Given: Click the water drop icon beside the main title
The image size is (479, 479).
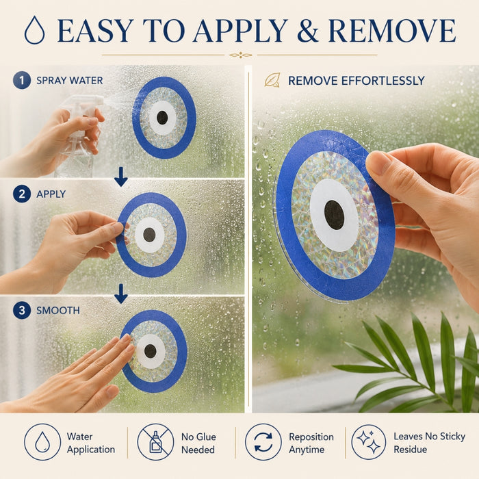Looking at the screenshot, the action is point(34,30).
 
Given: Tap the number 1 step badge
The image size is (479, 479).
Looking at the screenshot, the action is point(22,80).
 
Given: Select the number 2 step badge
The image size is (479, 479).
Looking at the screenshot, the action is point(22,194).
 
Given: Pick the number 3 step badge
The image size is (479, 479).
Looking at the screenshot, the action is point(22,311).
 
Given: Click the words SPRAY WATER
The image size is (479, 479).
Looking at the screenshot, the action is point(70,81).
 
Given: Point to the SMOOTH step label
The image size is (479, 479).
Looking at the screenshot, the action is point(58,311).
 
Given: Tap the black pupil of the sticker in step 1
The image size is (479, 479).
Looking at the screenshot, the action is point(162,118).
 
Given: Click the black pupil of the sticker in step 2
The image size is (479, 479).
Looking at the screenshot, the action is point(149,235).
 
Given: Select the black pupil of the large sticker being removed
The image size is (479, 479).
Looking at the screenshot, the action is point(334,215).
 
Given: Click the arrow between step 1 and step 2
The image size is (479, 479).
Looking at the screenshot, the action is point(121,177).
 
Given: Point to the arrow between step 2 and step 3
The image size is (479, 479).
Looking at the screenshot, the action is point(121,294).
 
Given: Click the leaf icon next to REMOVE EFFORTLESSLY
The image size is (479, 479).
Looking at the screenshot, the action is point(272,80).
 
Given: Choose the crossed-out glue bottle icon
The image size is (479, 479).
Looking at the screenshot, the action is point(155,442).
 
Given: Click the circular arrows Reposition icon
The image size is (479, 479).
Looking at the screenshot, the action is point(263,442).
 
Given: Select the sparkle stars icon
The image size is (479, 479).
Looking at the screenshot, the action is point(369,442).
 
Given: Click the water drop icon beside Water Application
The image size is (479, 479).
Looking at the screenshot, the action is point(42,442).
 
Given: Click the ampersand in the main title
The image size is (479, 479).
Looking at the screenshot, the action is point(308,31).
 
